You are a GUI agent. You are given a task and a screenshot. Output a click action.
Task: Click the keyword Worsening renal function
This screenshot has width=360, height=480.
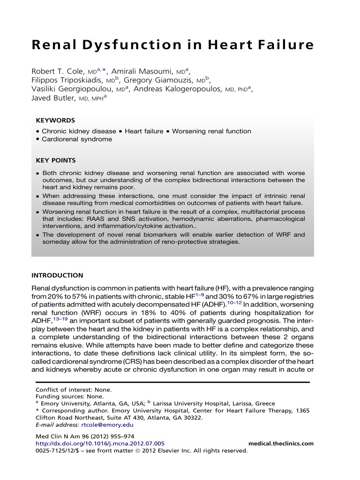[211, 131]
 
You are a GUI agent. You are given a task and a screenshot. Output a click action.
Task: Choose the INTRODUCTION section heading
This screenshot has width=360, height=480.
[57, 275]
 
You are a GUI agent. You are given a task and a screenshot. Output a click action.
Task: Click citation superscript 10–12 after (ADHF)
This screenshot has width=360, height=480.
[236, 302]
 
